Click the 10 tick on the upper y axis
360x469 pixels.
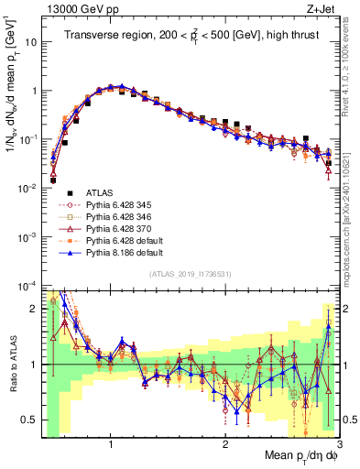coord(32,42)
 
